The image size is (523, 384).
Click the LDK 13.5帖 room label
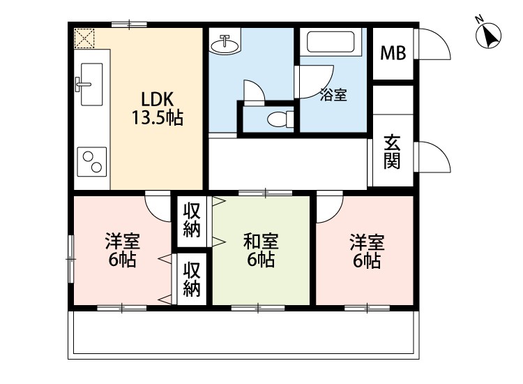pyautogui.click(x=158, y=108)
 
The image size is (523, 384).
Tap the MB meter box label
pyautogui.click(x=393, y=53)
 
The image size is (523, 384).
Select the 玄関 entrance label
pyautogui.click(x=392, y=152)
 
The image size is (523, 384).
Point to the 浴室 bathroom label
pyautogui.click(x=333, y=95)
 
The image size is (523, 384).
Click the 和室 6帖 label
pyautogui.click(x=261, y=250)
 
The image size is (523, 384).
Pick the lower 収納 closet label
pyautogui.click(x=192, y=279)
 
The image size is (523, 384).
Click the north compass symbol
pyautogui.click(x=488, y=34)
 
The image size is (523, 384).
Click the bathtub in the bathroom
pyautogui.click(x=331, y=42)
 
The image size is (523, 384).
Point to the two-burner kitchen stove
pyautogui.click(x=92, y=161)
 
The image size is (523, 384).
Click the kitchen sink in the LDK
pyautogui.click(x=89, y=84)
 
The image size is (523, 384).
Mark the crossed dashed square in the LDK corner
pyautogui.click(x=84, y=38)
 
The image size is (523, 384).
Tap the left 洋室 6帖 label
pyautogui.click(x=123, y=250)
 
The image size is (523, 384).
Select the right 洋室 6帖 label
pyautogui.click(x=367, y=251)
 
